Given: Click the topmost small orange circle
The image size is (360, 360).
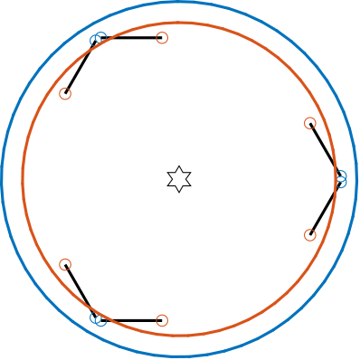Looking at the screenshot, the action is [x=162, y=38].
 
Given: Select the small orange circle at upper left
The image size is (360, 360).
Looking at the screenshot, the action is [x=65, y=94].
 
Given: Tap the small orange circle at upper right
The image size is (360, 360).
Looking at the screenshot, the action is [x=310, y=123].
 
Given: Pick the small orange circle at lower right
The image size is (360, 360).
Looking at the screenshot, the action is [x=310, y=235].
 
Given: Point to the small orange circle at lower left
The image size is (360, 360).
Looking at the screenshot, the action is [x=65, y=265].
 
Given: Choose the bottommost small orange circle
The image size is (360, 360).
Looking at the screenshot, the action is [x=162, y=320].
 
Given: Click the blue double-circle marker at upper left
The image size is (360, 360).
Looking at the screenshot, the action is [x=99, y=38].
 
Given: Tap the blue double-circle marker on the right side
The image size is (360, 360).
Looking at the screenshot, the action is [x=341, y=179].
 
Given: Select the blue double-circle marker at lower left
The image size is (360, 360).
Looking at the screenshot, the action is [x=99, y=319].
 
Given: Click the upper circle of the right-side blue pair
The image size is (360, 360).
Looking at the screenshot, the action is [x=341, y=176].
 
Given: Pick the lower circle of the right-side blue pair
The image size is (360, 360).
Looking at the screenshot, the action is [x=341, y=182].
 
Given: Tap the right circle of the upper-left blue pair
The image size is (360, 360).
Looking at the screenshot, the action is [x=100, y=37].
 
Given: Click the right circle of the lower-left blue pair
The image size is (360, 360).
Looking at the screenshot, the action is [x=100, y=320].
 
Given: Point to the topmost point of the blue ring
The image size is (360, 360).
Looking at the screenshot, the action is [x=179, y=3].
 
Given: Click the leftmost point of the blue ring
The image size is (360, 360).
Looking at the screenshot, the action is [x=3, y=179].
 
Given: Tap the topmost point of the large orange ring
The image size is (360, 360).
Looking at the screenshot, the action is [x=179, y=23].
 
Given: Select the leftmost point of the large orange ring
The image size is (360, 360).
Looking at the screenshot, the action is [x=23, y=179].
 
